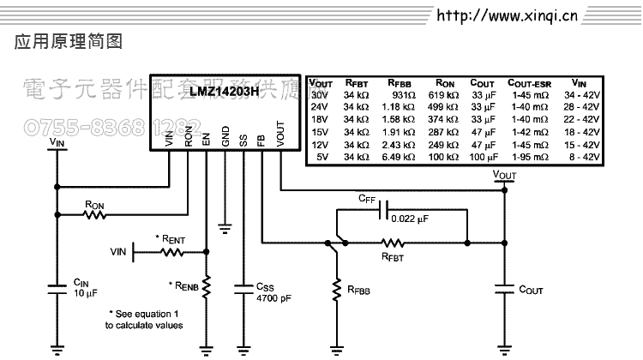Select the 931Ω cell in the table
click(403, 94)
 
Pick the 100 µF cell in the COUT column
click(484, 157)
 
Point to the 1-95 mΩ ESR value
click(529, 157)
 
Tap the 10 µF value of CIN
click(85, 293)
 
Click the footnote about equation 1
click(143, 320)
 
